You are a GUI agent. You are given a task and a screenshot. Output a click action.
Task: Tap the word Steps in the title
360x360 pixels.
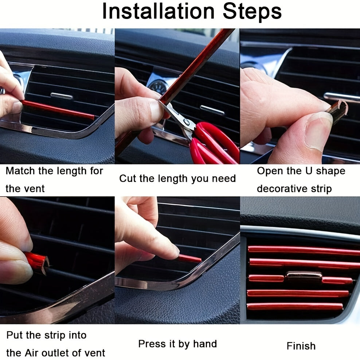(252, 12)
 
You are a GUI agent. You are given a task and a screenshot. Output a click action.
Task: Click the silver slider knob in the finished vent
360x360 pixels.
(304, 275)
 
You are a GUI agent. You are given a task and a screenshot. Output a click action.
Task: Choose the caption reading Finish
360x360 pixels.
(301, 346)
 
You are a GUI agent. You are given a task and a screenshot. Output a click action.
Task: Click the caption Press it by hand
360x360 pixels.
(177, 344)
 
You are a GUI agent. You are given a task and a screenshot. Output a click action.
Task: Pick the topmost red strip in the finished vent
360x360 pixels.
(302, 250)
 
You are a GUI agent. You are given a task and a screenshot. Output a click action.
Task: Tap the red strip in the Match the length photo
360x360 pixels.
(58, 110)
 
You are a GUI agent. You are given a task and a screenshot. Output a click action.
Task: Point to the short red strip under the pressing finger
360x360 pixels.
(190, 259)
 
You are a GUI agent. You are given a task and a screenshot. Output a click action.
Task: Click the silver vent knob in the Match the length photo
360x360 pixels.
(62, 96)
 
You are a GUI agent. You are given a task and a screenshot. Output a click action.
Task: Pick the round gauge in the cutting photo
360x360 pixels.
(158, 87)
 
